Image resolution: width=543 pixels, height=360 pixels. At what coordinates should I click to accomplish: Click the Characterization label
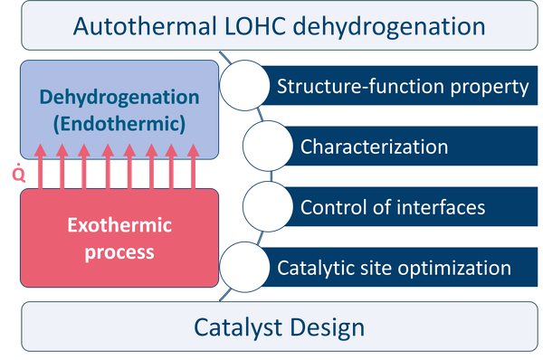point(374,147)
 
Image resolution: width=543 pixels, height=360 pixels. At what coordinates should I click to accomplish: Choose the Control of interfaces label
point(393,207)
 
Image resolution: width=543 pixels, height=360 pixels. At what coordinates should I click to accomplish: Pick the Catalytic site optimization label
point(394,268)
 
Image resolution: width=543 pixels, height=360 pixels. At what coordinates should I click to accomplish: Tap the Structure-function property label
point(402,87)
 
